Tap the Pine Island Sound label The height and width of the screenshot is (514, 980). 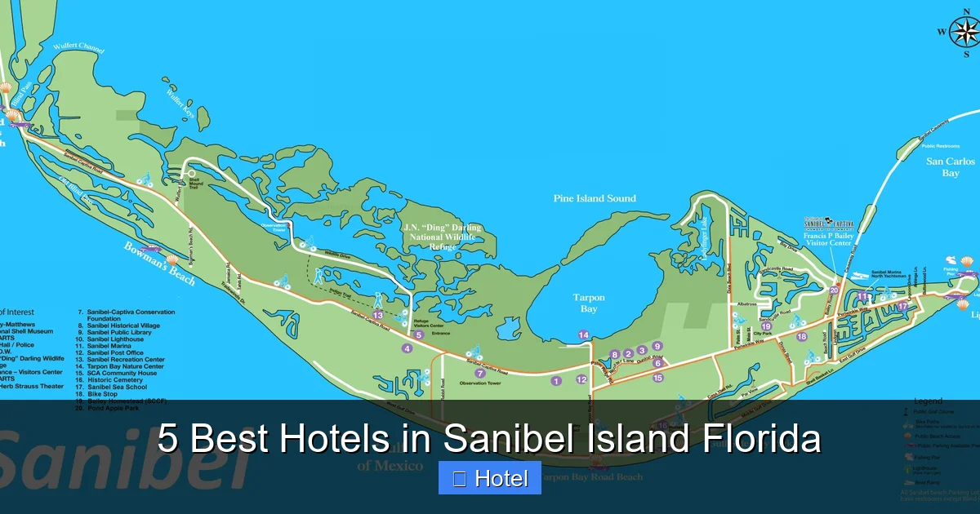pos(595,198)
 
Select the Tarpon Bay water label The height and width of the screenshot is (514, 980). pos(589,304)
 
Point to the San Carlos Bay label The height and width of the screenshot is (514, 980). pos(951,167)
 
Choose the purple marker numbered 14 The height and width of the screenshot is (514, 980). pos(583,335)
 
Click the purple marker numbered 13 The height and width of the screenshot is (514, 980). pos(377,315)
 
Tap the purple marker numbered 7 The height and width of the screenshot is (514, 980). pos(480,373)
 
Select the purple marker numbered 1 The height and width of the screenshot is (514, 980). pos(556,380)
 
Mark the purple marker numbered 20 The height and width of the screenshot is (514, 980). pos(834,290)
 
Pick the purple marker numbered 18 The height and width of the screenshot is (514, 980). pos(801,336)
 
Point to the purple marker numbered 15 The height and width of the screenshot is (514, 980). pos(657,378)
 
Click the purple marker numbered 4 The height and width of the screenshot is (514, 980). pos(407,348)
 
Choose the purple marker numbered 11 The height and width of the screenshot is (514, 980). pos(862,296)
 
